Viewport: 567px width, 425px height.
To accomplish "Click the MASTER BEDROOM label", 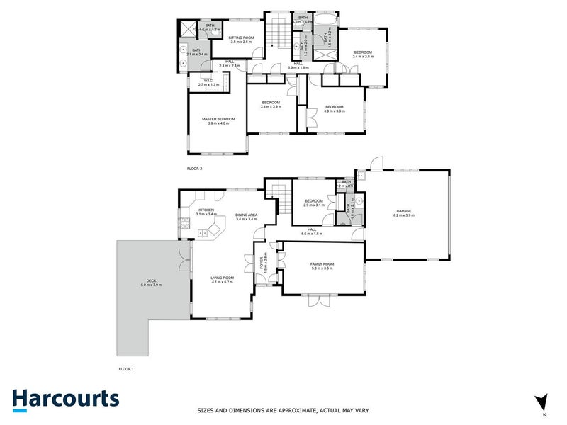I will point(218,119).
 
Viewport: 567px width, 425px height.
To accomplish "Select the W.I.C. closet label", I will point(208,80).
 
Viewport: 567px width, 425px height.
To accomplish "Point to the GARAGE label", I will point(404,210).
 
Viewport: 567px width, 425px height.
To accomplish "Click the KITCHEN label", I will point(206,210).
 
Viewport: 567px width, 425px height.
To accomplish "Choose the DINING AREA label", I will point(247,215).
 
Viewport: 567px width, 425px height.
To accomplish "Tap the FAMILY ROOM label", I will point(322,264).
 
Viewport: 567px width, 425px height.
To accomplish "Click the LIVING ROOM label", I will point(222,277).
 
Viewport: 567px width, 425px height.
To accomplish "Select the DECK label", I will point(147,280).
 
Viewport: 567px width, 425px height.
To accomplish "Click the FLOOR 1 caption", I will point(126,369).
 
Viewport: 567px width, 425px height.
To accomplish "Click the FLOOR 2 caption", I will point(195,169).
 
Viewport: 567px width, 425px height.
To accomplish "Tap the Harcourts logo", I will point(65,399).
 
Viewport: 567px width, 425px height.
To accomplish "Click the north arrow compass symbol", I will point(542,402).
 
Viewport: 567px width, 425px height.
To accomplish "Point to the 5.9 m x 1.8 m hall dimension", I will point(298,68).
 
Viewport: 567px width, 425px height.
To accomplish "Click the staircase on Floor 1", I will point(281,200).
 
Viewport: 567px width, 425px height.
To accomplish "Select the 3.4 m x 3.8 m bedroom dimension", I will point(363,56).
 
